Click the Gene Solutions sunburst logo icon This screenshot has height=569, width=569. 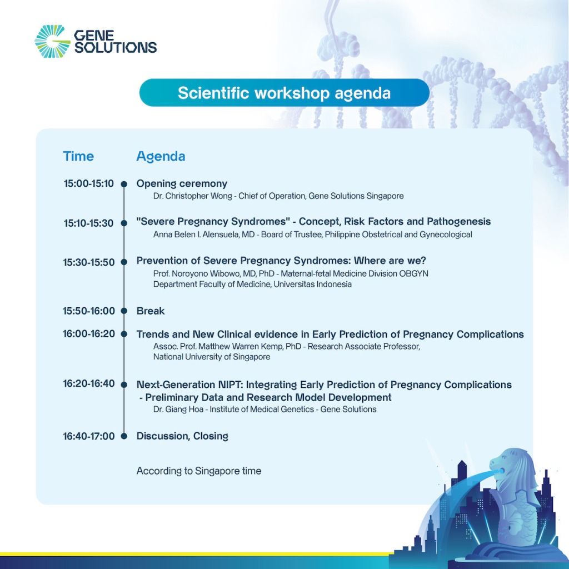(52, 41)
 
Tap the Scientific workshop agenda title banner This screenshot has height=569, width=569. (284, 93)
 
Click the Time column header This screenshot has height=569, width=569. (78, 156)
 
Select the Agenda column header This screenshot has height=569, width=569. (161, 156)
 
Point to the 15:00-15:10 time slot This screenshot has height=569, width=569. (89, 183)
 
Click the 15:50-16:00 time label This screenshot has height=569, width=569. (89, 311)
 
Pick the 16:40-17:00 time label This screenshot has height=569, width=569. (89, 436)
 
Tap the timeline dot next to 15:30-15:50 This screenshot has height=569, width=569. (124, 262)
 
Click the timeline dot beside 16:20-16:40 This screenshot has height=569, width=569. (124, 385)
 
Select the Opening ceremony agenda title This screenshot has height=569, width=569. (182, 184)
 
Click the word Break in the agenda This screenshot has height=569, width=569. (151, 311)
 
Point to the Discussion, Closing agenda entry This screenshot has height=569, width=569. (182, 436)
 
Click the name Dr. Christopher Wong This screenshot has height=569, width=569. (192, 196)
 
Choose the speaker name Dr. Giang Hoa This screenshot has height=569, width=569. (178, 410)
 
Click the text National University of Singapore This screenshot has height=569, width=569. (212, 357)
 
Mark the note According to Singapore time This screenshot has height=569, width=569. (199, 471)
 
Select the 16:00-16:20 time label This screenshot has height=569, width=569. (89, 334)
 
